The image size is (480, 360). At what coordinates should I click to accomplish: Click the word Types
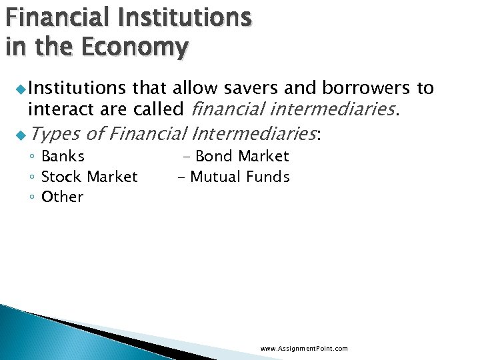click(x=54, y=134)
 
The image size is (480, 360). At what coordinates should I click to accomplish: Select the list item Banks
click(x=63, y=157)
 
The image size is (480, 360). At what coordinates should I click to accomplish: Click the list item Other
click(x=62, y=197)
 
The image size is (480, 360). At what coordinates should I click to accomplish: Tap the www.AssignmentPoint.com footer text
click(x=304, y=349)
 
